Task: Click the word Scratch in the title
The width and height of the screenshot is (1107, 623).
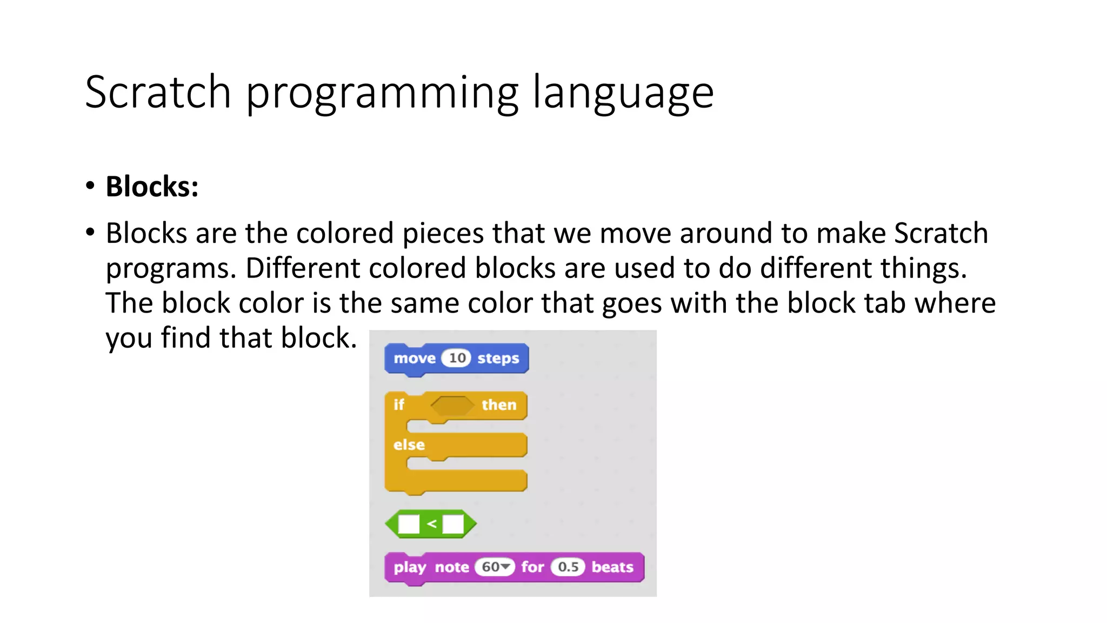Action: tap(158, 92)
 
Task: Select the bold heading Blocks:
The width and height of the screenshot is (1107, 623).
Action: tap(152, 187)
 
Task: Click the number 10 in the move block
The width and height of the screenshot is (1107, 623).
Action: tap(457, 358)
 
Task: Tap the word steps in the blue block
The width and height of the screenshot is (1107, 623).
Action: tap(498, 359)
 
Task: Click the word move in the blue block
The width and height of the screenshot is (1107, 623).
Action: tap(414, 359)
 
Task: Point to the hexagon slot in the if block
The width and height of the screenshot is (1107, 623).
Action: tap(452, 405)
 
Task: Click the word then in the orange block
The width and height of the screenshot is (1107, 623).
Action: tap(498, 405)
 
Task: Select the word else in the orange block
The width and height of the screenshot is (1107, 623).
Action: tap(409, 445)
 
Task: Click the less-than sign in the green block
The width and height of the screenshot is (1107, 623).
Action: tap(431, 523)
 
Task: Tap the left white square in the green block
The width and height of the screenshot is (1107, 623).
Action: tap(409, 523)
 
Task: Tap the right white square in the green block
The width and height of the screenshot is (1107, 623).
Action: tap(453, 523)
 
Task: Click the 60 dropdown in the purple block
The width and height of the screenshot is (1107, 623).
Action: tap(495, 567)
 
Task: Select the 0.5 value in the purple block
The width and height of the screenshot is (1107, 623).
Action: tap(568, 567)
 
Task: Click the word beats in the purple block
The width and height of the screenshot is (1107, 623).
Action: tap(612, 567)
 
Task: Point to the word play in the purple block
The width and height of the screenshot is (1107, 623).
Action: tap(409, 567)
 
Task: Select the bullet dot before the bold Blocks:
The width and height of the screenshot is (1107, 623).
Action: tap(90, 186)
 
